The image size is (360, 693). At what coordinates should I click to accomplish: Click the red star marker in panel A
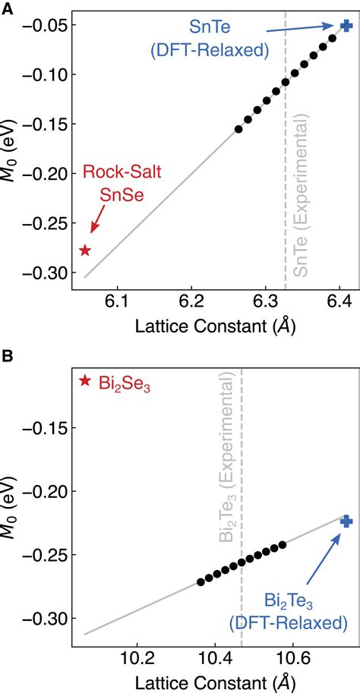(x=85, y=250)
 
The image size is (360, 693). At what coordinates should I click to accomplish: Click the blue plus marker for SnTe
(x=346, y=25)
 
